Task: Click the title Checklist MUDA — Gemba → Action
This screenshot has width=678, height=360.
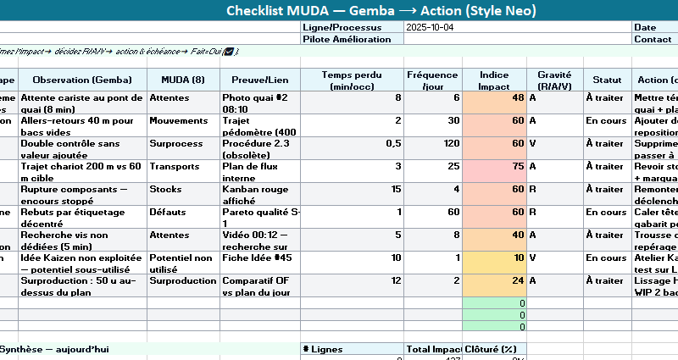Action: click(381, 11)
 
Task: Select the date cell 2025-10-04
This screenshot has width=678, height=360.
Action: click(432, 27)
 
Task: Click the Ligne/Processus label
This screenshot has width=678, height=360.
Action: click(341, 27)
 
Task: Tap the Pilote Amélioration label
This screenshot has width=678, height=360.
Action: click(341, 39)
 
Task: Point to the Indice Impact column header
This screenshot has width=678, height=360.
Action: click(494, 80)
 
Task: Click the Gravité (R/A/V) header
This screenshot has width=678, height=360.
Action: click(554, 80)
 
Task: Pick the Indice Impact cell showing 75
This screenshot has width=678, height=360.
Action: click(494, 167)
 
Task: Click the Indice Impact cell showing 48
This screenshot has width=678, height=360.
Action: click(494, 98)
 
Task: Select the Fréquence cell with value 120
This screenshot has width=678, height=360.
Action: click(432, 144)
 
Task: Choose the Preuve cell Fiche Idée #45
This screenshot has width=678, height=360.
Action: click(259, 258)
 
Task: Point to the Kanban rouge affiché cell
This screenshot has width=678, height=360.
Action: click(259, 190)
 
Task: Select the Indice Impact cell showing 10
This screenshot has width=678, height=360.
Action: click(494, 258)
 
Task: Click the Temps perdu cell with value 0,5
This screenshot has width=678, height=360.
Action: click(352, 144)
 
